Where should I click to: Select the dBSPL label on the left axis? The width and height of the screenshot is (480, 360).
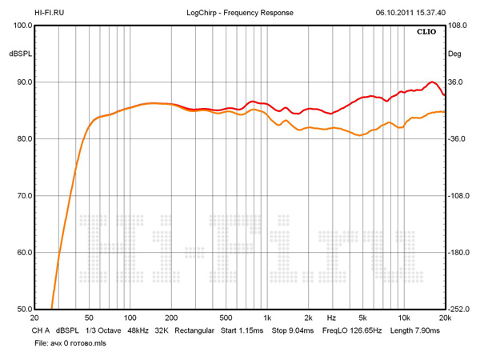(x=20, y=54)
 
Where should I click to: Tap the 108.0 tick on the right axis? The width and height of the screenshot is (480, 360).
(x=457, y=26)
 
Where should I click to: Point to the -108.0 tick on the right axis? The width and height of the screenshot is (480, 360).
(x=457, y=196)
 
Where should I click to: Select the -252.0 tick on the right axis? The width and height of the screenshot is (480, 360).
(x=457, y=310)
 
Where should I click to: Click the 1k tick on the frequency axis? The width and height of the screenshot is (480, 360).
(x=267, y=318)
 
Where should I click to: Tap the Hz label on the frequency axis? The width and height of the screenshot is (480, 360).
(x=330, y=318)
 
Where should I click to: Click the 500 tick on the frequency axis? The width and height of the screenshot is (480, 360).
(x=226, y=318)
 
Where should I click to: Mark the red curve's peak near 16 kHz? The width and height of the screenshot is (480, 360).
(x=432, y=82)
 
